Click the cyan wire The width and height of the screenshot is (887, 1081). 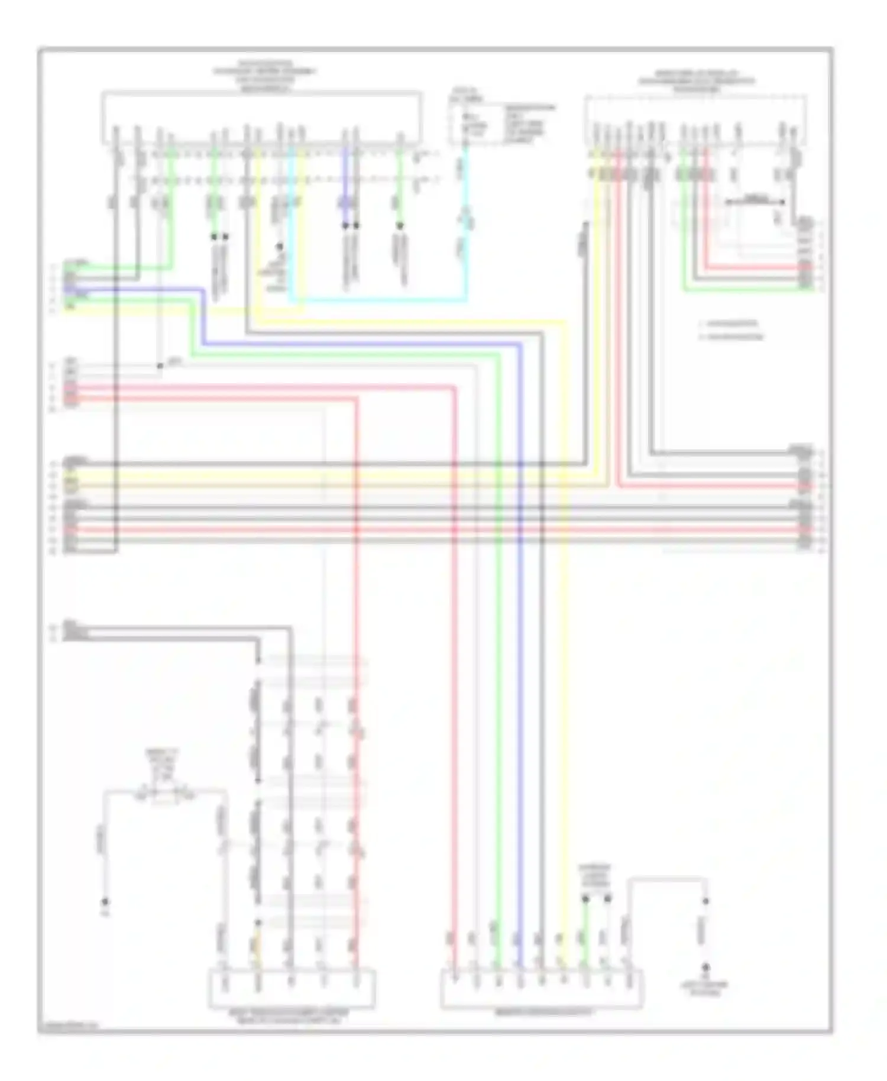[x=378, y=300]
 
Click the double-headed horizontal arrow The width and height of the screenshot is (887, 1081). [x=755, y=202]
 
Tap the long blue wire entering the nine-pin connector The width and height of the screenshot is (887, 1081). [x=520, y=650]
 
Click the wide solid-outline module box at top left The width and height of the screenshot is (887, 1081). [x=261, y=117]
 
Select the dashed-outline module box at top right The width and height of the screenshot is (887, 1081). [x=695, y=119]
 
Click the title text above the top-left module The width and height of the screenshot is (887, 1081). [x=265, y=76]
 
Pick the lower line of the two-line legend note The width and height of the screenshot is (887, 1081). [x=731, y=337]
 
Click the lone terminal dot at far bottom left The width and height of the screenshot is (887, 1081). [x=105, y=902]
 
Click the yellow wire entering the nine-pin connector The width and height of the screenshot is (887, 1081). [x=562, y=650]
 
